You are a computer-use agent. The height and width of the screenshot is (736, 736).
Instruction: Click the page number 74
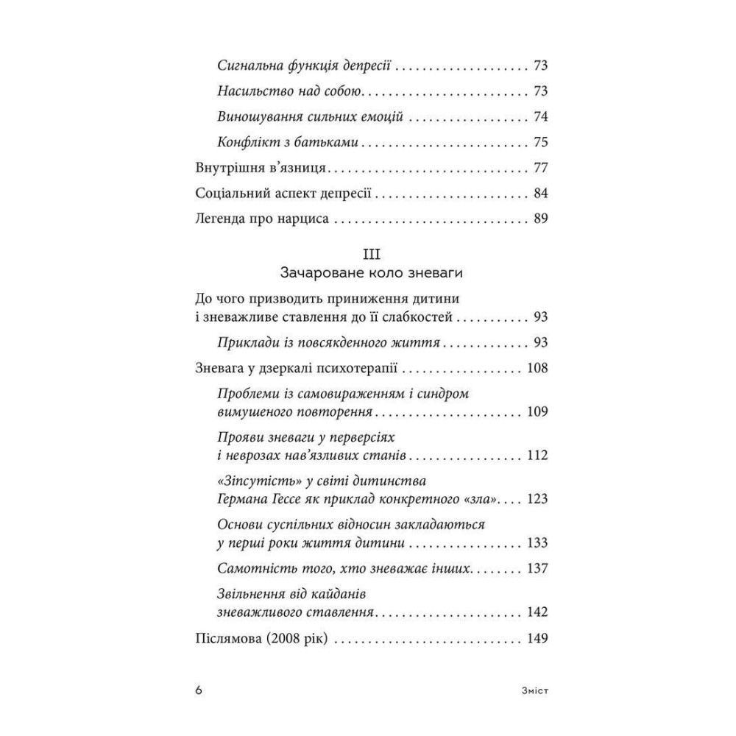540,117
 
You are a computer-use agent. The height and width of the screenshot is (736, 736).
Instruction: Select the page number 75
540,142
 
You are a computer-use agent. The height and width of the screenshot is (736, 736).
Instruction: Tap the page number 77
540,168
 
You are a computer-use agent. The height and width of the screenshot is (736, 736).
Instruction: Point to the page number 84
540,194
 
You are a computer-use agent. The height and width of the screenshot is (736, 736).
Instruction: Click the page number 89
540,219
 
